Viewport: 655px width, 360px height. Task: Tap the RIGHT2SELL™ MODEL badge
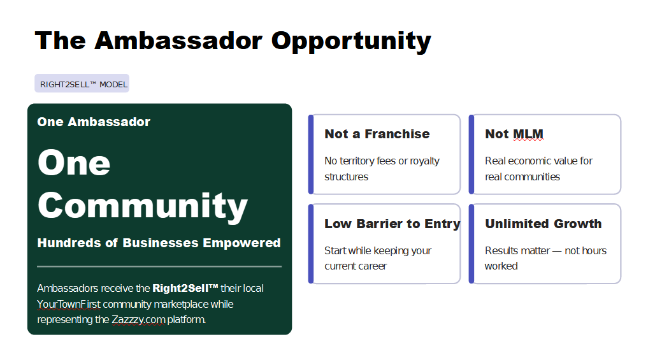(x=82, y=83)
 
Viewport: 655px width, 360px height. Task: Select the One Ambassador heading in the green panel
(x=94, y=122)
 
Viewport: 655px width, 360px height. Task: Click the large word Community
(x=143, y=206)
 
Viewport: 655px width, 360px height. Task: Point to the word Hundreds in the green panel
(x=69, y=243)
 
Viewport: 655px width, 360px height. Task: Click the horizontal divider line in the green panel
(x=159, y=266)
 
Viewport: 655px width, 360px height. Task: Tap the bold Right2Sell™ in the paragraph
(x=185, y=288)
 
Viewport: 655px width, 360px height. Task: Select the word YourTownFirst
(x=69, y=304)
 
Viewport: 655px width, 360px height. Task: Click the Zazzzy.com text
(x=138, y=320)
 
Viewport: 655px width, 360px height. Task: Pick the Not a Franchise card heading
(x=377, y=134)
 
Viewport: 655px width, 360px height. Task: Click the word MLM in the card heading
(x=528, y=134)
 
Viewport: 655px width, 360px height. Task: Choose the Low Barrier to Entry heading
(x=392, y=224)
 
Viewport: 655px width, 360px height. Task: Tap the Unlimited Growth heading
(x=543, y=224)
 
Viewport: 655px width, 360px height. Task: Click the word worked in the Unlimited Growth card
(x=501, y=266)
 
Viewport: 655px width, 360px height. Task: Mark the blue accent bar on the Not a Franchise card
(x=311, y=155)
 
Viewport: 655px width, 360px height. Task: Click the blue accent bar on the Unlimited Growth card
(x=471, y=244)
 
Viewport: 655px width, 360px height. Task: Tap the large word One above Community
(x=74, y=162)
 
